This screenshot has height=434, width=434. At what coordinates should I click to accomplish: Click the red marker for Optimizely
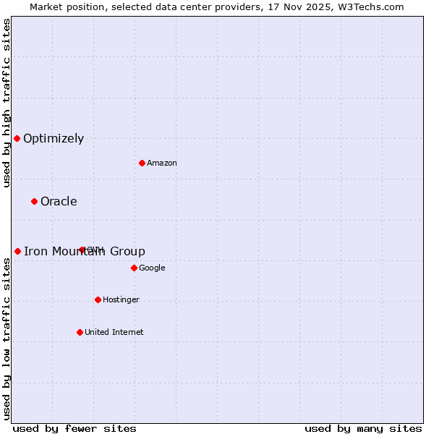pos(17,138)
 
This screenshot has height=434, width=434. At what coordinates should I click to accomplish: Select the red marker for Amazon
pos(142,163)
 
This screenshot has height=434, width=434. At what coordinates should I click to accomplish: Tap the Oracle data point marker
pos(34,201)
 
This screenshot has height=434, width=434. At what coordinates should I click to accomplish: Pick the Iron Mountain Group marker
pos(17,251)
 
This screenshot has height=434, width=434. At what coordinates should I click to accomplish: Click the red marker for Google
pos(134,268)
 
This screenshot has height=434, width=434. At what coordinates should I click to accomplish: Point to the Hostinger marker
pos(98,299)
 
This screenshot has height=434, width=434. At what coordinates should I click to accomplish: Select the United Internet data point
pos(80,332)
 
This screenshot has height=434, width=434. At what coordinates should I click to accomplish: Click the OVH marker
pos(82,250)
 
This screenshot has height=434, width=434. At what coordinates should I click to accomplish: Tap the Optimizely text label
pos(54,139)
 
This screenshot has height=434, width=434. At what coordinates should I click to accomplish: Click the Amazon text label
pos(162,163)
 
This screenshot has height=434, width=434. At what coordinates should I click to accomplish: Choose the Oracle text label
pos(59,202)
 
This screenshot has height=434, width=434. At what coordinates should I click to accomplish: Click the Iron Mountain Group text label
pos(85,252)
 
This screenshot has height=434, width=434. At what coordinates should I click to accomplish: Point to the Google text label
pos(152,268)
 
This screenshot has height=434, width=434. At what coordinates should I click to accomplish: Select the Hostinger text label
pos(121,300)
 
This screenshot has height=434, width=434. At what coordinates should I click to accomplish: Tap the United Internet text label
pos(114,333)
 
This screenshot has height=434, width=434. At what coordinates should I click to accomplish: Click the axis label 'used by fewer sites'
pos(75,429)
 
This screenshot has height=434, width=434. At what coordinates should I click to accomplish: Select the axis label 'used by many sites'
pos(363,429)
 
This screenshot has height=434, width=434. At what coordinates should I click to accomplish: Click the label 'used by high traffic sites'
pos(7,103)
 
